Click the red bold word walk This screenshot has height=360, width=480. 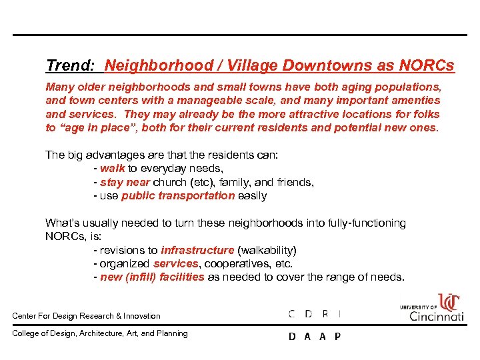(113, 169)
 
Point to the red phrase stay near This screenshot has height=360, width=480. (125, 182)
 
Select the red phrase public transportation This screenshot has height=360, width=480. (178, 196)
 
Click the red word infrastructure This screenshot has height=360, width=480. (197, 251)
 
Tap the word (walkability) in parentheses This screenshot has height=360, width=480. (267, 251)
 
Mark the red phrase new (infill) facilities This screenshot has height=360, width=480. (152, 277)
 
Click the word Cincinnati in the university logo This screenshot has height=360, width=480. (437, 316)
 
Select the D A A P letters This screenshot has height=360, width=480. (314, 337)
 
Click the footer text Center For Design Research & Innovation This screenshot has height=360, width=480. (87, 316)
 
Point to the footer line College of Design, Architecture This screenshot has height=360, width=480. (100, 333)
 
